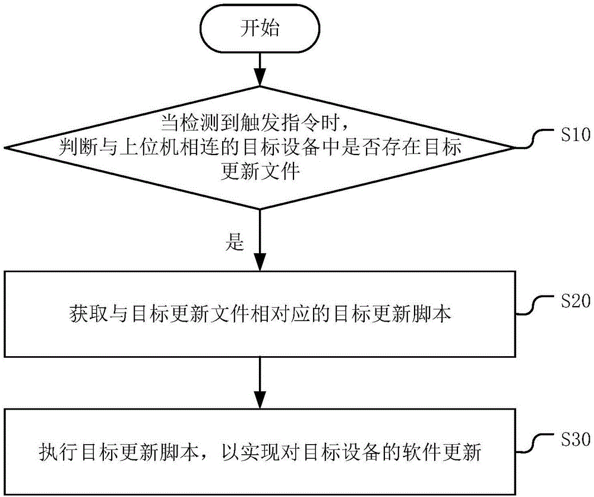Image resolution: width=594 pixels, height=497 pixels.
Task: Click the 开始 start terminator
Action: pyautogui.click(x=260, y=29)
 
